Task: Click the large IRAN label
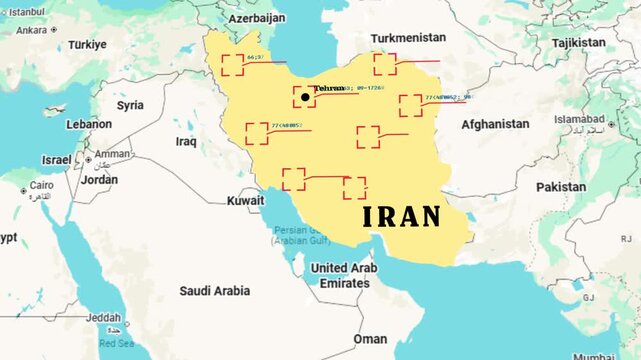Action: (401, 216)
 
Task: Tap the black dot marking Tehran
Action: (305, 97)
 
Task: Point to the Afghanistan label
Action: (495, 124)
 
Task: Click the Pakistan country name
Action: (560, 187)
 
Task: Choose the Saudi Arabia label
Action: (215, 291)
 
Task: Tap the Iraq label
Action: (186, 142)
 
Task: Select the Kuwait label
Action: (245, 201)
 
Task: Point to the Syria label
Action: (130, 105)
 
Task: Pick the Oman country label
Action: (370, 339)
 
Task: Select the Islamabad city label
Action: (580, 119)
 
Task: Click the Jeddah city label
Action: (104, 318)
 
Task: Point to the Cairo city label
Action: (41, 186)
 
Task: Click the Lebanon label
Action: (89, 124)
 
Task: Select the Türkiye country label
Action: (87, 45)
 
